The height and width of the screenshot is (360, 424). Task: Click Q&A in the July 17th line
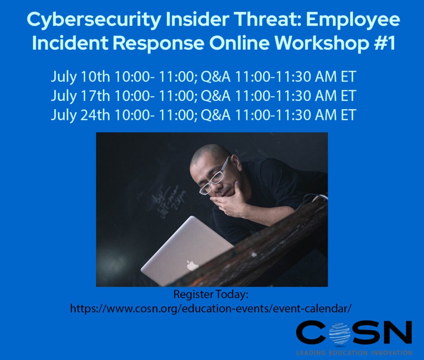[x=216, y=96]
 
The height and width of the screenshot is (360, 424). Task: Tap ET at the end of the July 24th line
[x=347, y=115]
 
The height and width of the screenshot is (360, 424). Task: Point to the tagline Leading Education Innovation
[x=354, y=353]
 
